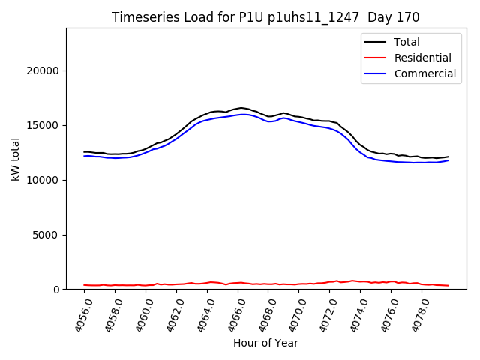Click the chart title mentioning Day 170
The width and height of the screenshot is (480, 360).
point(265,16)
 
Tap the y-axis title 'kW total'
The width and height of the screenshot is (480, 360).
point(16,158)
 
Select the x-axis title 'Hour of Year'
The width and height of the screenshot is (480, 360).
point(265,343)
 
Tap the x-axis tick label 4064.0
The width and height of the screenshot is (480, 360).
point(195,315)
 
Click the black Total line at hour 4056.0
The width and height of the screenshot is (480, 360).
point(85,152)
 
